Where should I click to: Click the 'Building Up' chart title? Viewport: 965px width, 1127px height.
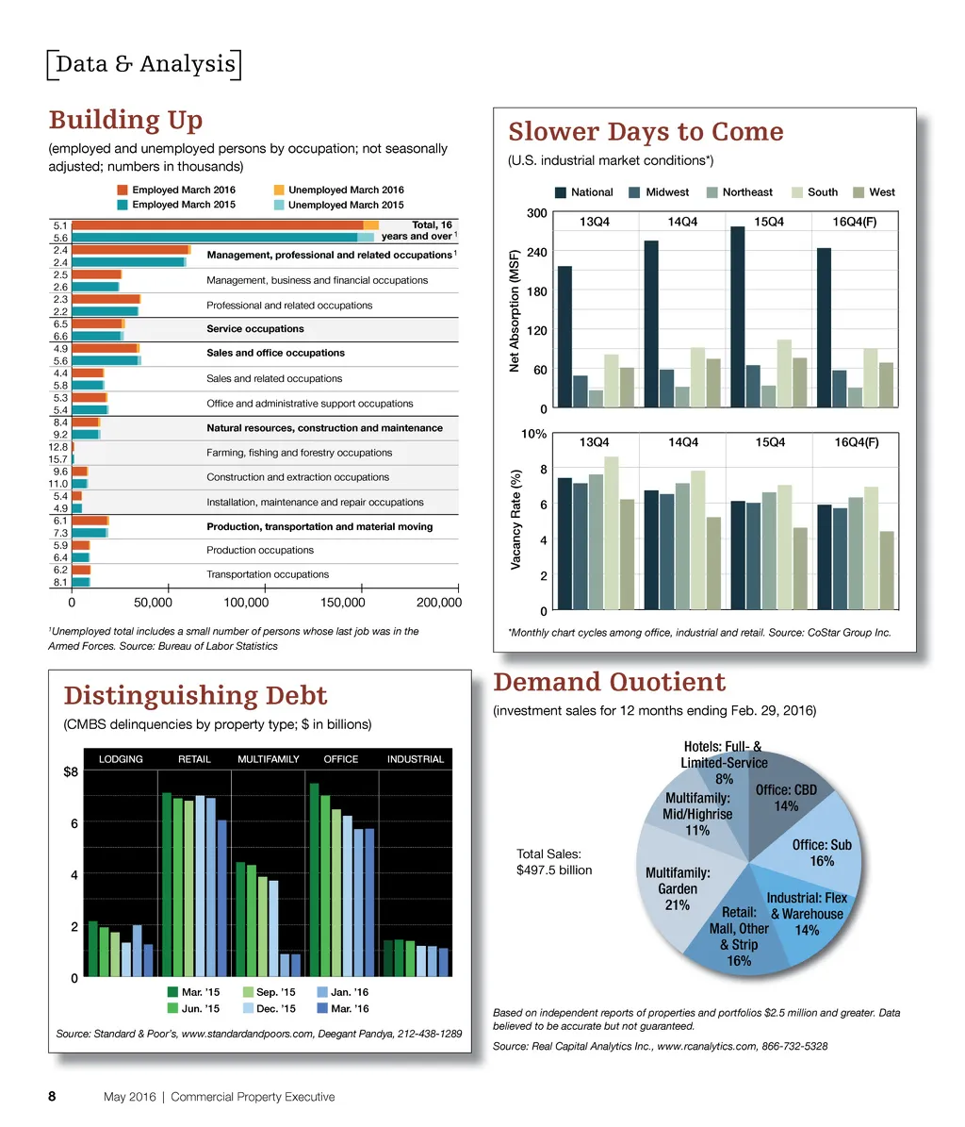(125, 121)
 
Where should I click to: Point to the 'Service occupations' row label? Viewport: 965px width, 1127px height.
(254, 329)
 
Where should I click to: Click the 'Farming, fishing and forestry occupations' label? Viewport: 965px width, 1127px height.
(299, 453)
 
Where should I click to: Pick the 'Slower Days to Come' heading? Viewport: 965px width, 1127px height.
(646, 131)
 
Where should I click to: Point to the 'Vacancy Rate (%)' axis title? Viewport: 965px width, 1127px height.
(516, 522)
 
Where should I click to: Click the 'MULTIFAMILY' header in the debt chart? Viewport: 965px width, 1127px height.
(269, 759)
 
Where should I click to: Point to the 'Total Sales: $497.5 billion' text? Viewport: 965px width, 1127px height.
(554, 862)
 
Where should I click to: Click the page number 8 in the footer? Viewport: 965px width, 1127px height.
(54, 1097)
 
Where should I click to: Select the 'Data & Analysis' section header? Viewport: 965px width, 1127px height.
(144, 64)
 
